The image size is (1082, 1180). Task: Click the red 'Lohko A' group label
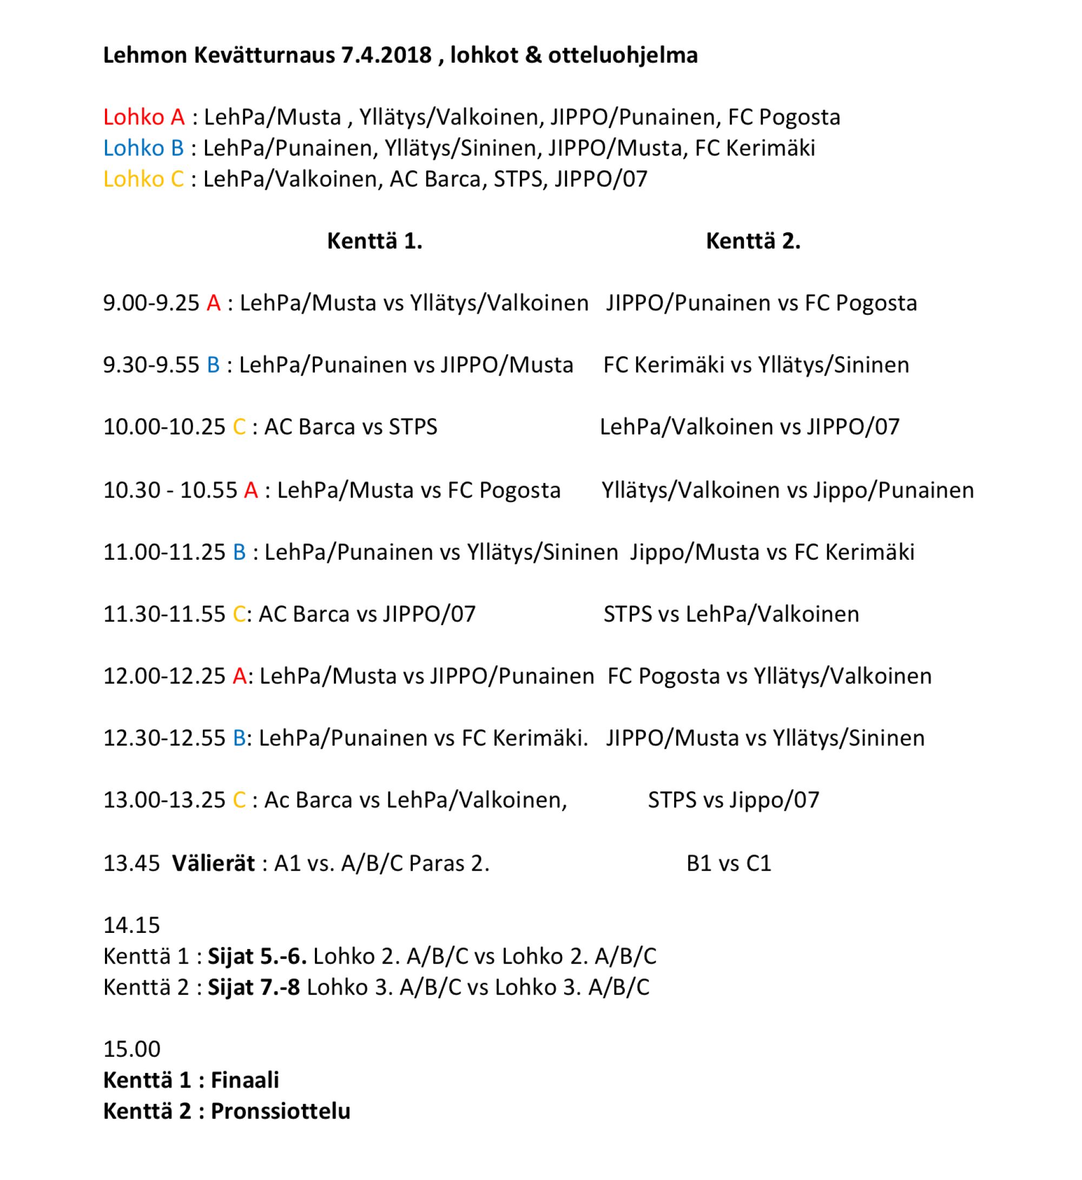tap(144, 117)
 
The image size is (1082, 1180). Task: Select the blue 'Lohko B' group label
tap(143, 148)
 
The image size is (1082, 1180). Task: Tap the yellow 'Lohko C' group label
tap(143, 179)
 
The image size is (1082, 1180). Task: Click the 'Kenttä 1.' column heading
tap(375, 241)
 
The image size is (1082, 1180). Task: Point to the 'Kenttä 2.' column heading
tap(753, 241)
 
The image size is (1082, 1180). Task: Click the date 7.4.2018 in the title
tap(384, 56)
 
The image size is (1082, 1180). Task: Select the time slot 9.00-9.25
tap(151, 303)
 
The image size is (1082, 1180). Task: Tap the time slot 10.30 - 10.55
tap(170, 490)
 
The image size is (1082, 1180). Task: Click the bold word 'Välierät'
tap(213, 863)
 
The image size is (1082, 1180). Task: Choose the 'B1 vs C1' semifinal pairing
tap(729, 863)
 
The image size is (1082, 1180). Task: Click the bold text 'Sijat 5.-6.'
tap(258, 957)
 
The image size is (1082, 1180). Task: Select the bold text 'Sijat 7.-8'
tap(254, 987)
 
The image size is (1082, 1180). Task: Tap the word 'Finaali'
tap(245, 1080)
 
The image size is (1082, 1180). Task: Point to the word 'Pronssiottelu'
tap(280, 1111)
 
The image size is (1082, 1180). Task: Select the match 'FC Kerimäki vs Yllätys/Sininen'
tap(756, 365)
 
